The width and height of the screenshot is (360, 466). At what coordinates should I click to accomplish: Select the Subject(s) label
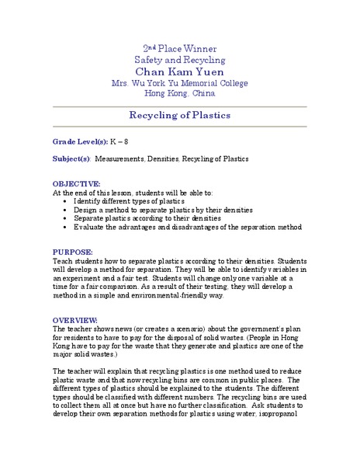pos(71,158)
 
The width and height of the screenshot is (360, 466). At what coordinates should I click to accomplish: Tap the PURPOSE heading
pos(73,252)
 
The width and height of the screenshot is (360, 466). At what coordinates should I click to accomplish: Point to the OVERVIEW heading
pos(75,320)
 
